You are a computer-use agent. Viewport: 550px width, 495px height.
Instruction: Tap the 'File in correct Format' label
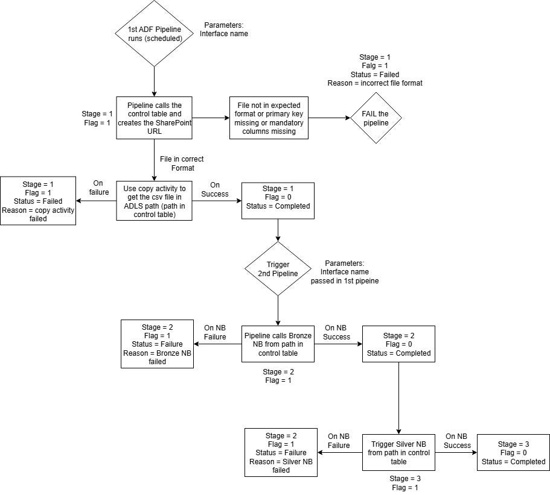[182, 163]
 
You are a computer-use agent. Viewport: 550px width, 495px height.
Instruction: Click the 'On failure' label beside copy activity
[98, 188]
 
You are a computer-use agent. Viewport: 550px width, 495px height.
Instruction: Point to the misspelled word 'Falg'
[368, 66]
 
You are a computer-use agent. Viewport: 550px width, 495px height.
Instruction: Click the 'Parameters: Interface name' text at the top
[224, 30]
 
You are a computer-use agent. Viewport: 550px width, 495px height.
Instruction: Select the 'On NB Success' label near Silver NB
[457, 441]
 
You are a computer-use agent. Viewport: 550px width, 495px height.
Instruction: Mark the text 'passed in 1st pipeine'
[345, 281]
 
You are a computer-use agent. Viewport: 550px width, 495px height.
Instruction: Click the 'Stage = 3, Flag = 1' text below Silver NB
[405, 483]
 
